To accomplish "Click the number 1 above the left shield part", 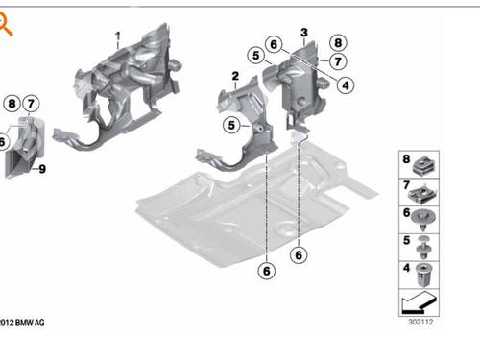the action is click(x=118, y=36).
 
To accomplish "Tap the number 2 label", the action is click(x=235, y=76).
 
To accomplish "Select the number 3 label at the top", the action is click(x=304, y=33).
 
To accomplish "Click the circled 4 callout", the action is click(x=346, y=85).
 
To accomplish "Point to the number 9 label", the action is click(x=42, y=169).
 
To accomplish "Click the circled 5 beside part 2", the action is click(x=231, y=125).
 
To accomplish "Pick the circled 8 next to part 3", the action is click(x=338, y=43).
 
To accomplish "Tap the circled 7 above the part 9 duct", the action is click(x=31, y=104).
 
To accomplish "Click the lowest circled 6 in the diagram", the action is click(x=267, y=271).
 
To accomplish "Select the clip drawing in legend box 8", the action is click(x=424, y=167).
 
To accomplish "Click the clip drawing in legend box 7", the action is click(x=423, y=194).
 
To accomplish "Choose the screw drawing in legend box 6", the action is click(x=423, y=219).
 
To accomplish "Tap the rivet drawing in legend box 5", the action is click(x=423, y=248).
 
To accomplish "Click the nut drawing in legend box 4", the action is click(x=423, y=275).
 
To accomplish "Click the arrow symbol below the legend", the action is click(x=419, y=302).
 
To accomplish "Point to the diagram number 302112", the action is click(x=420, y=322).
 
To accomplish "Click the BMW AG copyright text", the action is click(x=22, y=323).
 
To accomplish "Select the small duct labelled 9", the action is click(x=25, y=148).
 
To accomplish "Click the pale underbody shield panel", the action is click(x=256, y=204).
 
